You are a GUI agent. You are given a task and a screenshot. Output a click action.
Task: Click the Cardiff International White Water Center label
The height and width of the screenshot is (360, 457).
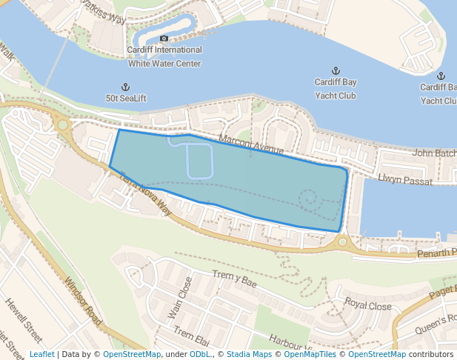164,57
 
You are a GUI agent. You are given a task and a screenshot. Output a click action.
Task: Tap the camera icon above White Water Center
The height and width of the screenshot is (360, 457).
164,39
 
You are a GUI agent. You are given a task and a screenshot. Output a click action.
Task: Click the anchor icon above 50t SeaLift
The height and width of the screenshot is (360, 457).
125,87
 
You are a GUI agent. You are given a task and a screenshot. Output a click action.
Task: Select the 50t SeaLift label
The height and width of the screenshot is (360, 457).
125,98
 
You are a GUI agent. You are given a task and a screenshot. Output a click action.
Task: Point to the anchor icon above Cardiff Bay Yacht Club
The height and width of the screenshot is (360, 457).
336,71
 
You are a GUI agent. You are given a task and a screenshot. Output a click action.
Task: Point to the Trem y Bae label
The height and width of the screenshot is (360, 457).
234,279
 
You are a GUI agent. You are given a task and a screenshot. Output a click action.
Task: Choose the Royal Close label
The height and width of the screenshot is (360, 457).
367,304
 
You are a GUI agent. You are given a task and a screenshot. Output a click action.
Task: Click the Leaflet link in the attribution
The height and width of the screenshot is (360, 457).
41,354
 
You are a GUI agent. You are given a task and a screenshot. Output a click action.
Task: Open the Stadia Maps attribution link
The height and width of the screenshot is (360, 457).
249,354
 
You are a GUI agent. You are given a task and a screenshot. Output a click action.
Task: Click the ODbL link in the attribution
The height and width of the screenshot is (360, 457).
199,354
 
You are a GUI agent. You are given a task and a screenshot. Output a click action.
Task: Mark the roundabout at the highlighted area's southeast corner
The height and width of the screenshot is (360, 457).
342,241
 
